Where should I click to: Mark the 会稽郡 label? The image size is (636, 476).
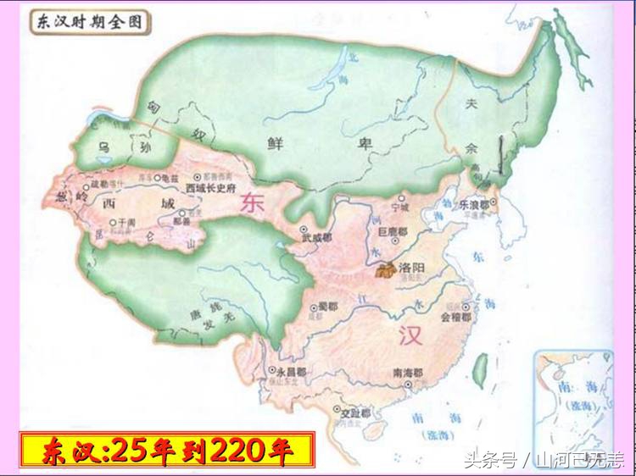coord(456,319)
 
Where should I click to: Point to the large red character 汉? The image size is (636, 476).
coord(410,336)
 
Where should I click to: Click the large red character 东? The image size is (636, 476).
coord(252,204)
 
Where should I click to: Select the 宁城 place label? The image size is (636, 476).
coord(400,207)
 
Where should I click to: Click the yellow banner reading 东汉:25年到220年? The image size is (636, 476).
coord(166,450)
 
